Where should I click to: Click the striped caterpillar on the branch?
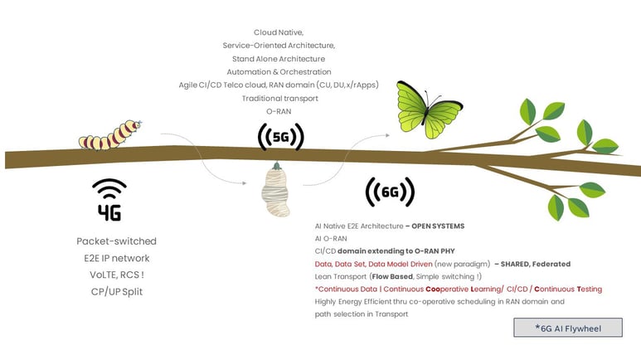tap(109, 135)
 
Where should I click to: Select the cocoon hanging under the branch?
tap(276, 189)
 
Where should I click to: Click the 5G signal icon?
tap(281, 137)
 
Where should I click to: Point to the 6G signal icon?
tap(390, 192)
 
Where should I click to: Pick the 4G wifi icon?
tap(109, 200)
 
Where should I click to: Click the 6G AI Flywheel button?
tap(568, 328)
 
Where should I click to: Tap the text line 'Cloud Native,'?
tap(279, 32)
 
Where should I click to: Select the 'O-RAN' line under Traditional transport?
tap(279, 111)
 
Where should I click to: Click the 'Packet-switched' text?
tap(117, 241)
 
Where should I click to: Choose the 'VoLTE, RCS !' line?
tap(117, 275)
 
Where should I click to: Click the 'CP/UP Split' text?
tap(117, 292)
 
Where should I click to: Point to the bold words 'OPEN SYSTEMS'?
tap(438, 226)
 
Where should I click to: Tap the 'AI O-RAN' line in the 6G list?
tap(331, 239)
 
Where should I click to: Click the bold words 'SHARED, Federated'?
tap(536, 264)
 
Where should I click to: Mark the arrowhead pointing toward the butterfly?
tap(386, 135)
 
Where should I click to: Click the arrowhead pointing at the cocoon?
tap(245, 183)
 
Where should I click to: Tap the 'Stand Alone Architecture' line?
tap(279, 59)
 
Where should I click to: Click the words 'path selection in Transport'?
tap(362, 314)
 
